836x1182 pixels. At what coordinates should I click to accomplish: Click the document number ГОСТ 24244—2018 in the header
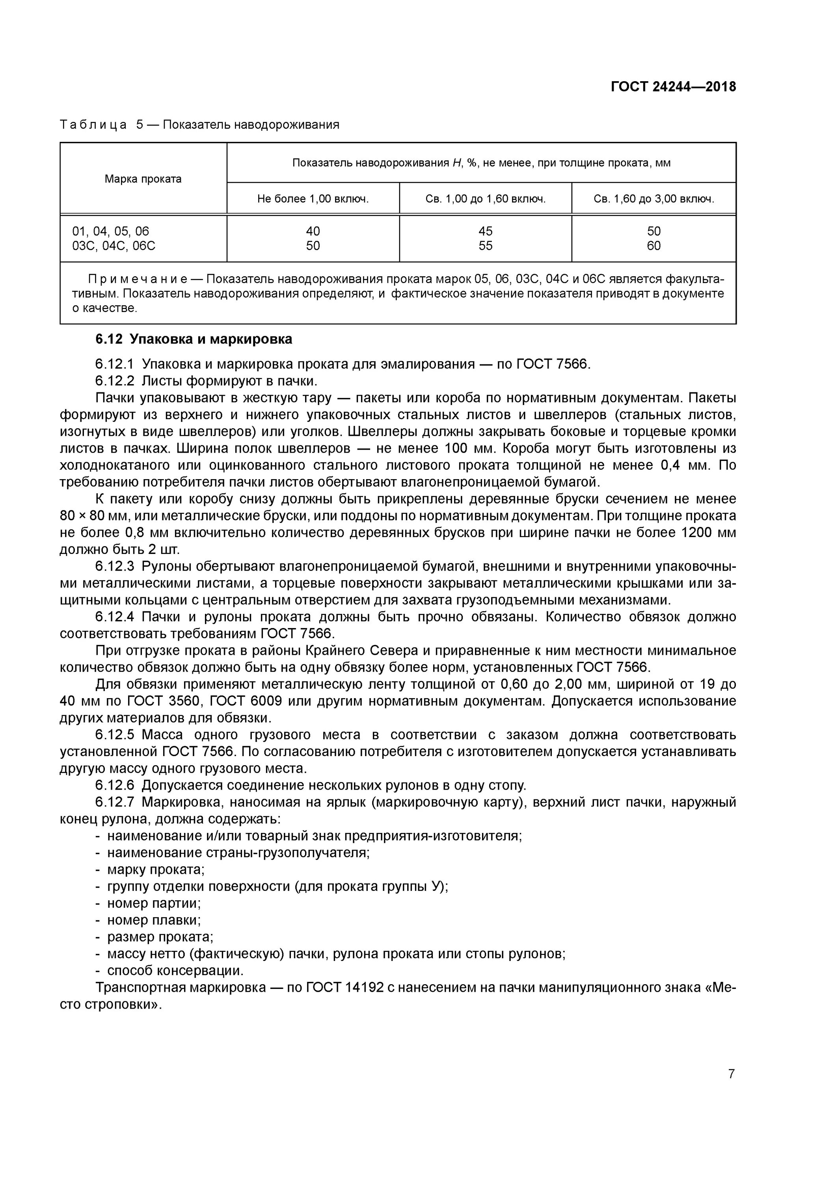[x=673, y=87]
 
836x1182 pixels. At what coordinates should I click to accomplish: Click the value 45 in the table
[x=485, y=231]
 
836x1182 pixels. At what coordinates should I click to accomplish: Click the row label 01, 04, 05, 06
[x=111, y=231]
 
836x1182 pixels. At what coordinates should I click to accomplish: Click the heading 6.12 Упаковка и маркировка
[x=194, y=339]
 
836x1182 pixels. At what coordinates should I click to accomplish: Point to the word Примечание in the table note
[x=138, y=279]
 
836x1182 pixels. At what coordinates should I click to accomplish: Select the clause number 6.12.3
[x=114, y=566]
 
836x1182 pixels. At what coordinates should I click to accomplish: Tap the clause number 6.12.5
[x=114, y=735]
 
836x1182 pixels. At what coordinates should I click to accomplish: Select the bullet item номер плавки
[x=153, y=920]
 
